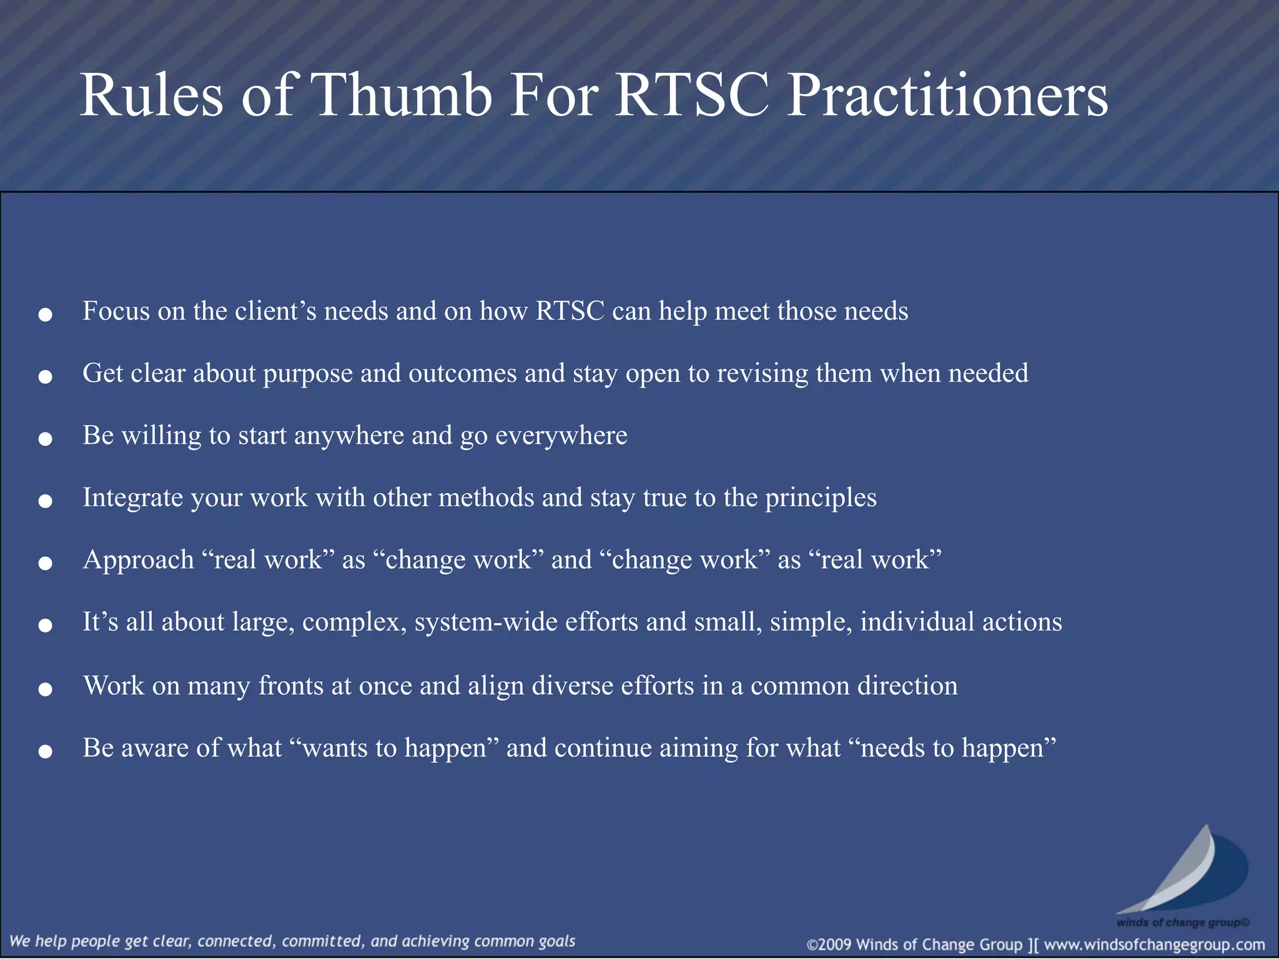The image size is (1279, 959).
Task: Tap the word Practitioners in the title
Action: (x=947, y=95)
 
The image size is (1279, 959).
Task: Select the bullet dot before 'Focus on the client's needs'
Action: (x=45, y=315)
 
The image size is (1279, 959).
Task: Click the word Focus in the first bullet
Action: (x=116, y=311)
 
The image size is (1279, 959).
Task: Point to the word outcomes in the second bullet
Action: (x=463, y=373)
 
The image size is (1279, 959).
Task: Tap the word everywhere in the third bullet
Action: (x=561, y=435)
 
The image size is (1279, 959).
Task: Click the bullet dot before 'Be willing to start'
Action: (x=45, y=440)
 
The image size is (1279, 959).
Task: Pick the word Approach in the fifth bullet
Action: (x=139, y=560)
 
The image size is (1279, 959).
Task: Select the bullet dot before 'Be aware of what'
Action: (x=45, y=752)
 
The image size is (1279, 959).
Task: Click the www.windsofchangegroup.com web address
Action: (x=1154, y=945)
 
